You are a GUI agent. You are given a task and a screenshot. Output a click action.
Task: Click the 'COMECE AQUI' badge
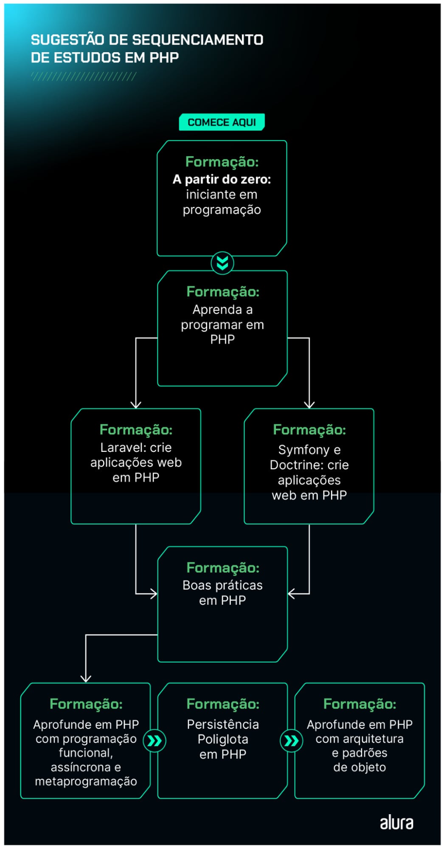tap(222, 122)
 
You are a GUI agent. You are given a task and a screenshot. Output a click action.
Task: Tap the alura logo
tap(396, 823)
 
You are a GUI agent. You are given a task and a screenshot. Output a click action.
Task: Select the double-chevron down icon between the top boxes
tap(222, 263)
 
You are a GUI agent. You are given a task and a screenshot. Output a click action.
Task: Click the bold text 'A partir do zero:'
tap(222, 180)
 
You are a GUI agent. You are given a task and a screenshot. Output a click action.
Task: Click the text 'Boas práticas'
tap(222, 585)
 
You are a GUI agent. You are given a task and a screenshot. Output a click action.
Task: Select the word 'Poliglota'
tap(222, 739)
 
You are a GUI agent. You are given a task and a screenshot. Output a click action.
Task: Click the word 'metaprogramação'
tap(86, 781)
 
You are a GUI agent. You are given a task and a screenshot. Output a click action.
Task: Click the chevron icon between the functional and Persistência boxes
tap(155, 741)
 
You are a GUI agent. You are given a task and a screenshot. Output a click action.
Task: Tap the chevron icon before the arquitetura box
tap(291, 741)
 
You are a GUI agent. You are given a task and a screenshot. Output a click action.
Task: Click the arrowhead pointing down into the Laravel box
tap(136, 405)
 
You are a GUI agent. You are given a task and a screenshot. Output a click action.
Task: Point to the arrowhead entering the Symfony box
tap(309, 405)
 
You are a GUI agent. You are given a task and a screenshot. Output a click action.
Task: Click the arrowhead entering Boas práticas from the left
tap(154, 593)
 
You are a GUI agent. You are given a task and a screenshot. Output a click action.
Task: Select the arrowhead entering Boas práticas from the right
tap(292, 593)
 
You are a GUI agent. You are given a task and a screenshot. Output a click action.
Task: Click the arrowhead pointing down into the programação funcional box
tap(86, 678)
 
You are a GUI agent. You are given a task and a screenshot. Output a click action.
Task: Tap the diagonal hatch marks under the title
tap(84, 76)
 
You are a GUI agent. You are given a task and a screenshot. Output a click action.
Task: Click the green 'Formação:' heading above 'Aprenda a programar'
tap(222, 292)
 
